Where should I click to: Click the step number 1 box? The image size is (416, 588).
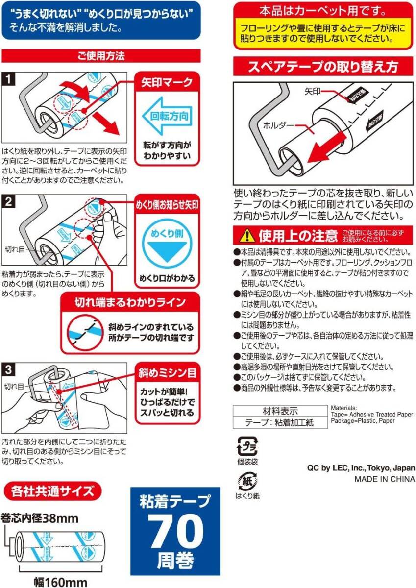point(9,78)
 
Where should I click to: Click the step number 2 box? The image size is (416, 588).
point(9,201)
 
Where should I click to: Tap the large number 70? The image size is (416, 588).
point(176,532)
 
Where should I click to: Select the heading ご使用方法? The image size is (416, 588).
point(101,56)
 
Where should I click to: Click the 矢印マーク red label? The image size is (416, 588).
point(167,82)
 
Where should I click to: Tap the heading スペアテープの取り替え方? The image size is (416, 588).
point(323,66)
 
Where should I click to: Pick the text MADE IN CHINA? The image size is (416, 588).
point(385,479)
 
